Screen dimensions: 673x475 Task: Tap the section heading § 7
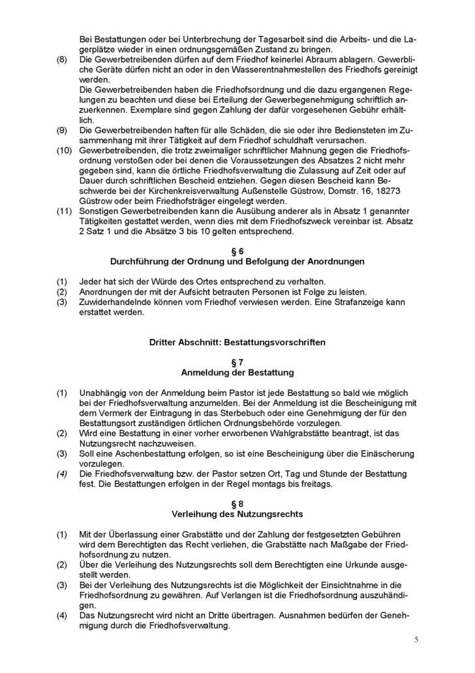point(237,362)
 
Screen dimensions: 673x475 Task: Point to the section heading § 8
point(237,503)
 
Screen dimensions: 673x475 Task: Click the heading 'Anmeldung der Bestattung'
point(237,372)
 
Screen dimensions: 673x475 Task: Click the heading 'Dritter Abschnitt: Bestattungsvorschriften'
point(237,342)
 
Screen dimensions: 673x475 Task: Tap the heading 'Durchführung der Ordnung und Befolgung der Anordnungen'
point(237,261)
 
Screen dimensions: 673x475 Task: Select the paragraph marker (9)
point(62,130)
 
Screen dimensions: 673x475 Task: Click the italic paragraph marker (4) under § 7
point(62,473)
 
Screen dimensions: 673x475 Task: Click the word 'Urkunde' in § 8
point(354,564)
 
